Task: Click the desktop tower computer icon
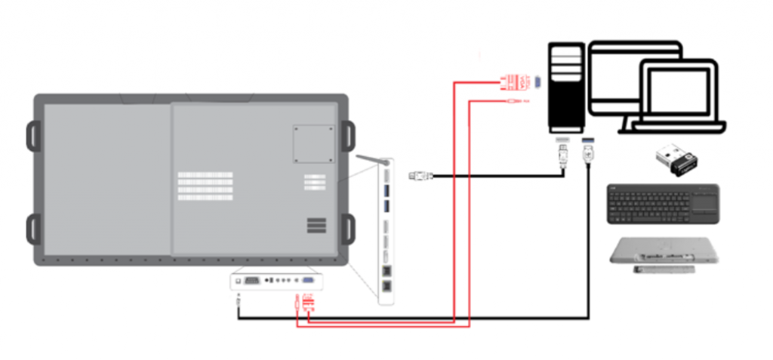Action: tap(565, 89)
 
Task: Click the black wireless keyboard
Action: tap(663, 204)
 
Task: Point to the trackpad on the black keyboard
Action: tap(704, 202)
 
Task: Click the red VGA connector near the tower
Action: tap(515, 80)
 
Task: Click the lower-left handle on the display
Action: tap(35, 229)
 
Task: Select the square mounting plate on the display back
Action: tap(313, 143)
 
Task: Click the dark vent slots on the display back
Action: tap(317, 226)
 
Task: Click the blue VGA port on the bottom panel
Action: tap(309, 280)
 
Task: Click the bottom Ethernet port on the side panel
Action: tap(387, 287)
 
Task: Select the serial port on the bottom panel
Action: tap(253, 280)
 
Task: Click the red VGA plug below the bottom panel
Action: tap(308, 304)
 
